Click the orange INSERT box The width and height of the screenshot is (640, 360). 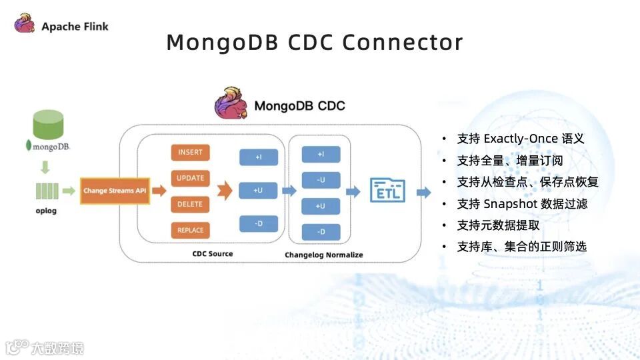coord(190,152)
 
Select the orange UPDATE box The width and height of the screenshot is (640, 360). coord(190,178)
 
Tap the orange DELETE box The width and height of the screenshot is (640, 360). coord(190,204)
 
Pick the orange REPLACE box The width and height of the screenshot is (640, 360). coord(190,230)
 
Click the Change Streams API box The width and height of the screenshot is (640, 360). coord(114,191)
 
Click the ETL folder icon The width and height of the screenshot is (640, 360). coord(387,190)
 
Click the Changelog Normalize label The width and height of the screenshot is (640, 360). coord(324,255)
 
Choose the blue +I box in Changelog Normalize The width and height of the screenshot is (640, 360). coord(321,155)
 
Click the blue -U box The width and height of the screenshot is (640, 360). coord(321,180)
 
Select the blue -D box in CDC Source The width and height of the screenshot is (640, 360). coord(258,223)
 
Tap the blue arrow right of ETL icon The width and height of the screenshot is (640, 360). coord(423,193)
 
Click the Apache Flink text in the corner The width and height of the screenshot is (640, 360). coord(75,27)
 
